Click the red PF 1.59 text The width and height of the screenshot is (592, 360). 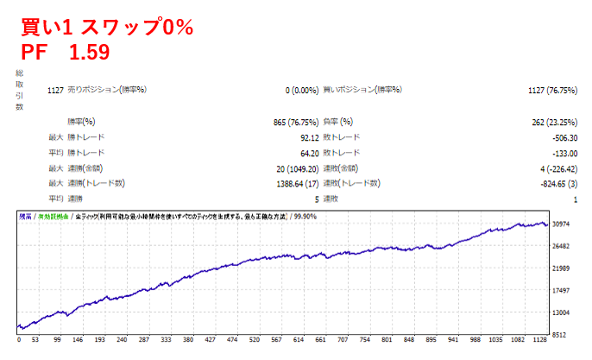65,52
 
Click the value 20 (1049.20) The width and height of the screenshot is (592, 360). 287,168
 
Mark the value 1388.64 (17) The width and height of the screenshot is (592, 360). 283,183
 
